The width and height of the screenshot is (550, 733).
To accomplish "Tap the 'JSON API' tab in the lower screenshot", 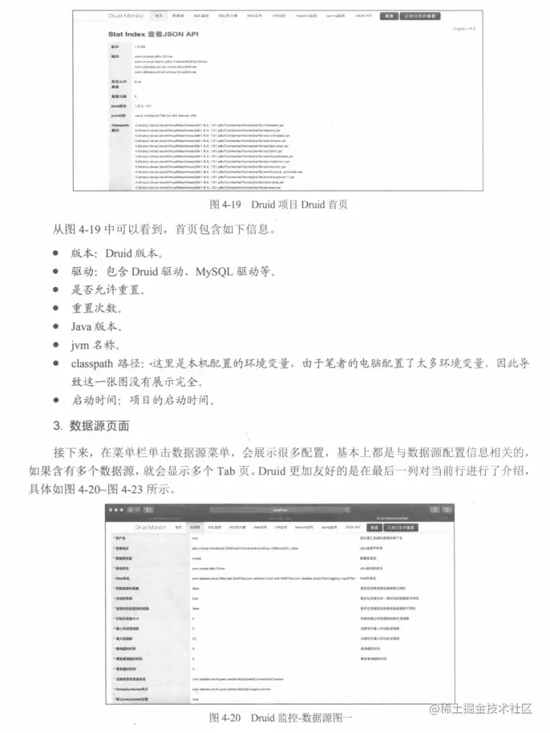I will point(352,527).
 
